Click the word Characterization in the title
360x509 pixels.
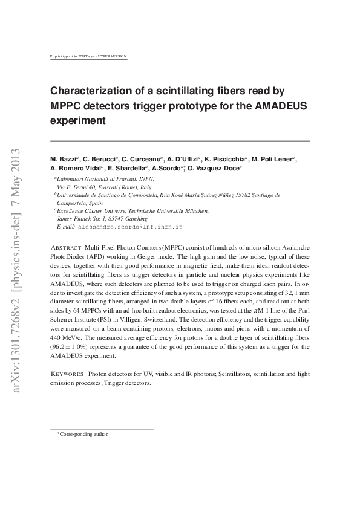pos(91,91)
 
